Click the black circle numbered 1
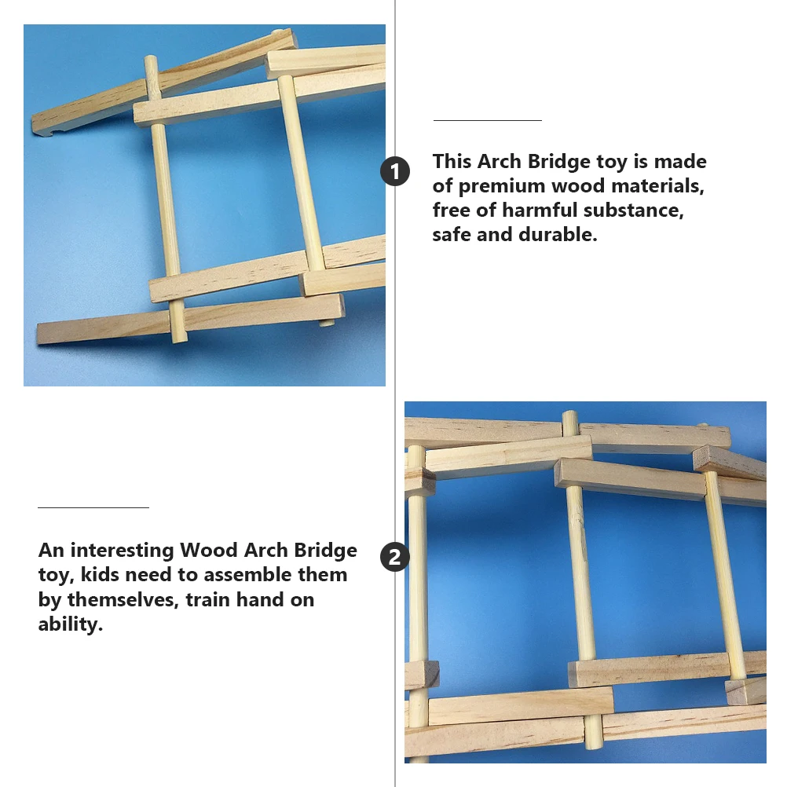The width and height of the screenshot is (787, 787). (395, 171)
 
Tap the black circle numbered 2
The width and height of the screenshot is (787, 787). (395, 558)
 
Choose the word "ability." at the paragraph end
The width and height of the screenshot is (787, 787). (71, 625)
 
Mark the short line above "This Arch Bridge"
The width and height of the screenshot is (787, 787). (488, 121)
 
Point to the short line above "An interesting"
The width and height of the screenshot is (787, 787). (93, 508)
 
